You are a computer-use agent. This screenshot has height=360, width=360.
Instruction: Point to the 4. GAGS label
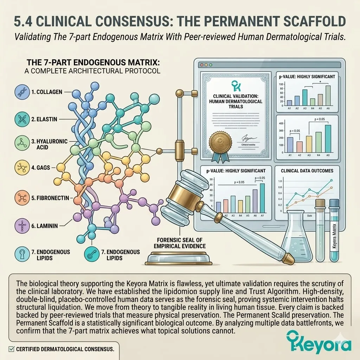pos(45,168)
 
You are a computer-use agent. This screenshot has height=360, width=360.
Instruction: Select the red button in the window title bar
pos(201,65)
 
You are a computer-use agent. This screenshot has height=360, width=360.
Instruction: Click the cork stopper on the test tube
pos(320,204)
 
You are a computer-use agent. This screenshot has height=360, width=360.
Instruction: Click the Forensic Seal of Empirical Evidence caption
pos(179,243)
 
